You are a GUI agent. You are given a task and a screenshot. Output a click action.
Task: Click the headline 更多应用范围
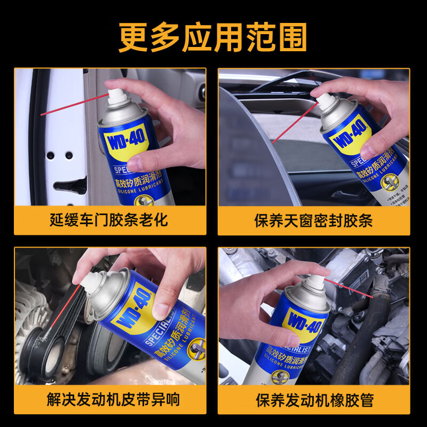(x=213, y=36)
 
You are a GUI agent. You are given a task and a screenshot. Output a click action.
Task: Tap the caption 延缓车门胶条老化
(x=109, y=219)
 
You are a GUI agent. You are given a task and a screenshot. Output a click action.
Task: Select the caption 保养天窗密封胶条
(x=314, y=220)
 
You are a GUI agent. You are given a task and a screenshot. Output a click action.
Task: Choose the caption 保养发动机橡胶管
(x=314, y=399)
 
